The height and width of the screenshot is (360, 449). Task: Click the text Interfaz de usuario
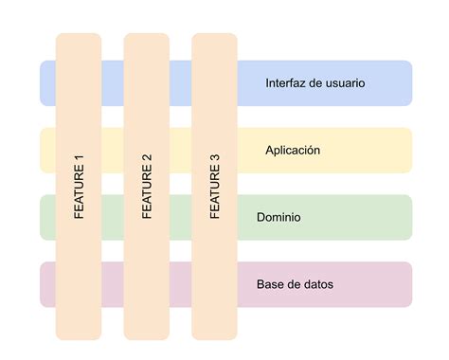click(x=315, y=83)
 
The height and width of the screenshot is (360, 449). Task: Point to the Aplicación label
click(x=293, y=150)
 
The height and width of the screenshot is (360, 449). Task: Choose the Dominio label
click(x=278, y=217)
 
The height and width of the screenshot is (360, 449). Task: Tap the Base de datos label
click(x=295, y=284)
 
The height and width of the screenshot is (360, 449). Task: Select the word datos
click(x=317, y=284)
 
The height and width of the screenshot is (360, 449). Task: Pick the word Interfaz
click(x=286, y=83)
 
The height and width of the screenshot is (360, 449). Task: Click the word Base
click(x=270, y=284)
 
